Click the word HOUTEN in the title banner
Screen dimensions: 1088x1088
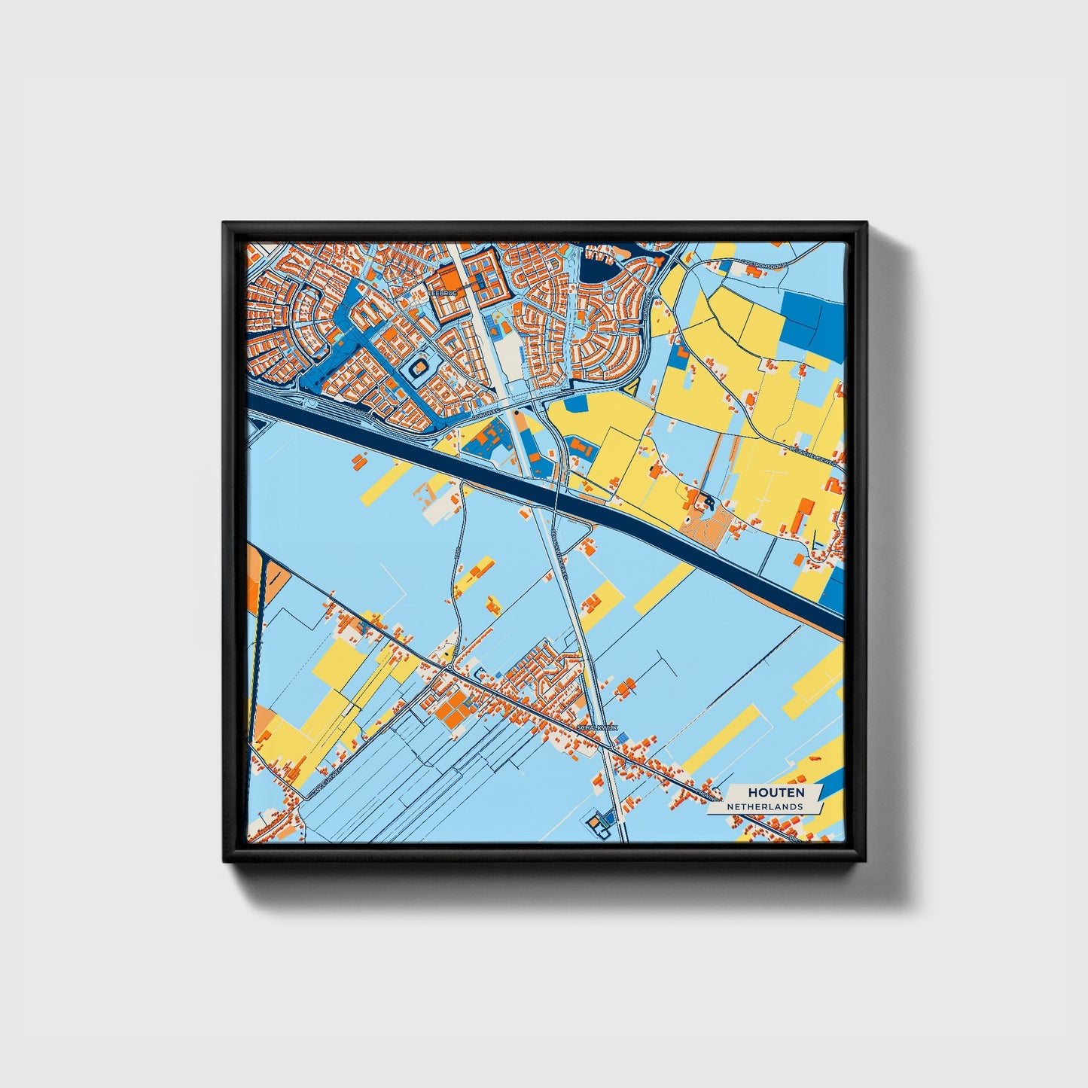point(776,793)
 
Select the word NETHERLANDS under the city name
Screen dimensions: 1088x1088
point(764,806)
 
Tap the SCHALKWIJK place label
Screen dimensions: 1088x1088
point(596,729)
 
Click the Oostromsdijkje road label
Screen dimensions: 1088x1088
point(763,264)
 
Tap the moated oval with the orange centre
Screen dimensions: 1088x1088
point(419,369)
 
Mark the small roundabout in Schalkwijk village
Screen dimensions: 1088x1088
point(449,667)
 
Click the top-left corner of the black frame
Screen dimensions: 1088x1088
point(224,224)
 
